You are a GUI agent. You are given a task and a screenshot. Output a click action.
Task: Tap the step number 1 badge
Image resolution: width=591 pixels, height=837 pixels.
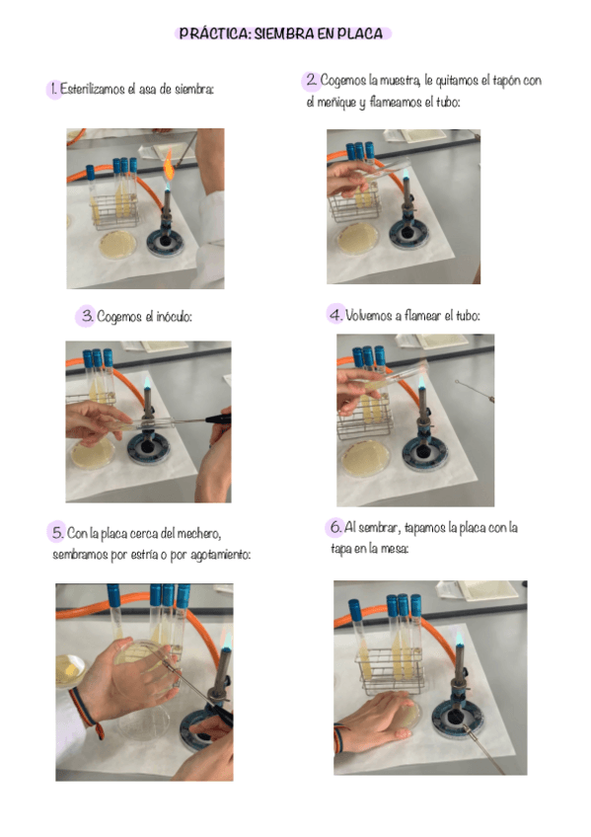pos(53,89)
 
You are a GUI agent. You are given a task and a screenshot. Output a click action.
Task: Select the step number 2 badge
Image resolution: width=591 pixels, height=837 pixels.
pos(311,81)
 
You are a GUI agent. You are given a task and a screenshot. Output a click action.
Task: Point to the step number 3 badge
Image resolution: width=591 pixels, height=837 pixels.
pos(86,316)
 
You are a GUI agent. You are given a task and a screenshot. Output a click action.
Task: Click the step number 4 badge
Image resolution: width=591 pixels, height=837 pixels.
pos(335,315)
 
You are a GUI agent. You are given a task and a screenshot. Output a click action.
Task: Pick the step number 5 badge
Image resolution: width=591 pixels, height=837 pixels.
pos(56,532)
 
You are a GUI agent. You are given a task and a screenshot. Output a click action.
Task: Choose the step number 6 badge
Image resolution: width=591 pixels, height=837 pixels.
pos(334,527)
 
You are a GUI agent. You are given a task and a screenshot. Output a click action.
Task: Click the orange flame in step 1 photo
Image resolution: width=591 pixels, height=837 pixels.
pos(169,165)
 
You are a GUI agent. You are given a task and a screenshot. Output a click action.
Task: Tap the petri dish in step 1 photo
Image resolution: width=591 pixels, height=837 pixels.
pos(117,245)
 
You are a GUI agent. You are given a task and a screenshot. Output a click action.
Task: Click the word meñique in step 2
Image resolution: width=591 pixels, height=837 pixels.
pos(336,102)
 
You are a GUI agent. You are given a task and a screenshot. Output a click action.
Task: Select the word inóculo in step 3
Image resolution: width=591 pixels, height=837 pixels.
pos(174,317)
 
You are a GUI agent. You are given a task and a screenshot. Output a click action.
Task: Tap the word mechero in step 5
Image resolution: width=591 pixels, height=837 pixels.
pos(198,533)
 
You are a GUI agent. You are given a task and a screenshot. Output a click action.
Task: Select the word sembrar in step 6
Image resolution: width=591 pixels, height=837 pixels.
pos(378,527)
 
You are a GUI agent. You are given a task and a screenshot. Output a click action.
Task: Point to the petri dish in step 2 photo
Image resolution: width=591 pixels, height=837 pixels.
pos(357,238)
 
